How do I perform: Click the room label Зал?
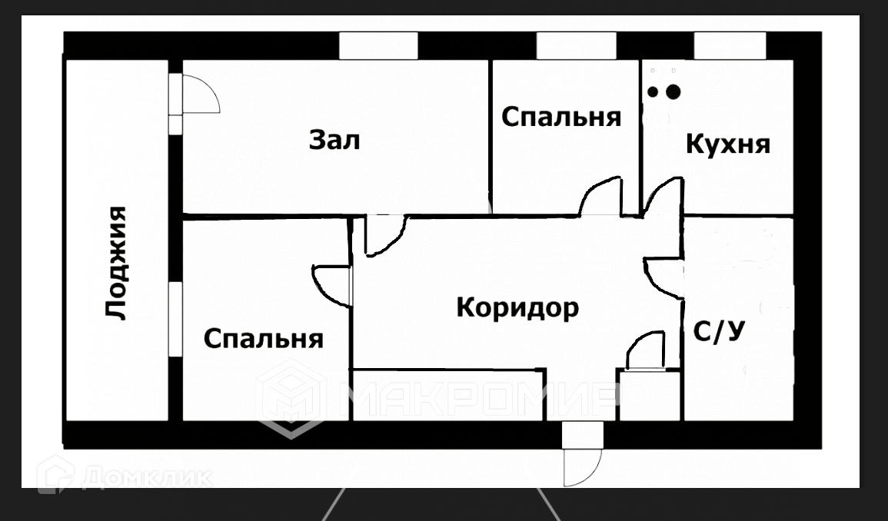click(x=334, y=141)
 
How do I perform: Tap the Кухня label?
click(x=727, y=144)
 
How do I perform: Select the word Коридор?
click(x=517, y=307)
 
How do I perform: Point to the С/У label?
click(x=719, y=332)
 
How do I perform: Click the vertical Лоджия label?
click(x=116, y=262)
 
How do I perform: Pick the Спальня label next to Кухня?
click(x=561, y=117)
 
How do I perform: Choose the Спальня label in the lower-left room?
click(x=264, y=338)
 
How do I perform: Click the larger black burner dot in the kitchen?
click(x=673, y=92)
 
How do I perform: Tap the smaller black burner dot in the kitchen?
click(x=653, y=92)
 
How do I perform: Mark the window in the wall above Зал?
click(x=378, y=46)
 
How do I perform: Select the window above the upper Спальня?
click(x=577, y=46)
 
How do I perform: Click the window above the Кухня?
click(x=730, y=46)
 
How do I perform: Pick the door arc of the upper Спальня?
click(x=600, y=197)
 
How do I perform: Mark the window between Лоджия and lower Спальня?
click(x=175, y=319)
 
